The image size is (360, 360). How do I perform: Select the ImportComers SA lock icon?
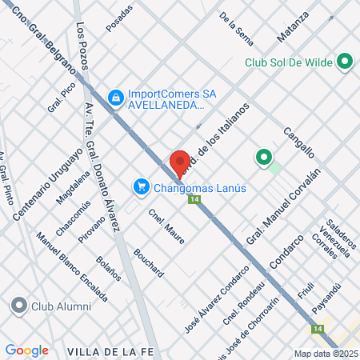pyautogui.click(x=117, y=97)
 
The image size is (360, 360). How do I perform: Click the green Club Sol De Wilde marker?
pyautogui.click(x=345, y=61)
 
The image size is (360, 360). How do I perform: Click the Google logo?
pyautogui.click(x=26, y=350)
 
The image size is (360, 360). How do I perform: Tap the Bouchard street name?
pyautogui.click(x=150, y=262)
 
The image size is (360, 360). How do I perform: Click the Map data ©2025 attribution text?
pyautogui.click(x=325, y=353)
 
